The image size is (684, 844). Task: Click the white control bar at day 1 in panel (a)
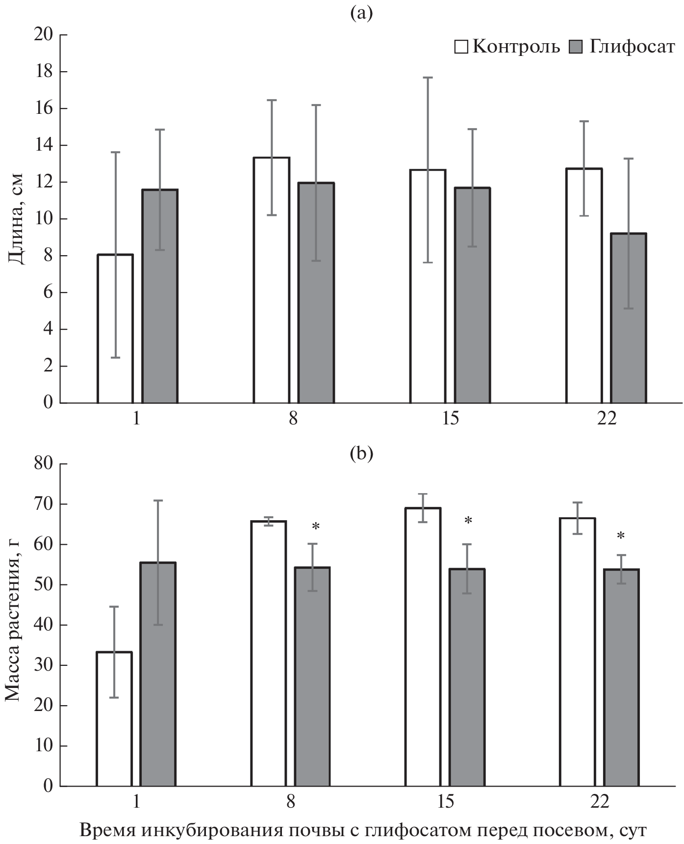tap(115, 329)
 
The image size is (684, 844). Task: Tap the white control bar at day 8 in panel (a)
tap(271, 280)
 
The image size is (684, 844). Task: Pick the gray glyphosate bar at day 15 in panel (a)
tap(472, 295)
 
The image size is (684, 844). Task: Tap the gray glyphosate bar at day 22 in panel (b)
tap(621, 677)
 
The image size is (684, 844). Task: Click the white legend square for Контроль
tap(461, 48)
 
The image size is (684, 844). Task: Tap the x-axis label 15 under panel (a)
tap(450, 420)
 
